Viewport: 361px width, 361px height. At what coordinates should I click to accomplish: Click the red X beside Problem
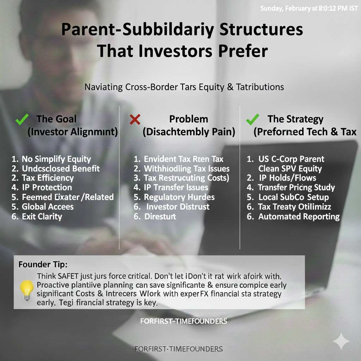tap(135, 120)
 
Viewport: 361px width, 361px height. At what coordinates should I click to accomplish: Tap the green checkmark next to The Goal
tap(22, 120)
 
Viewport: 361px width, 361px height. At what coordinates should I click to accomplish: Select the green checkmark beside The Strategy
tap(252, 120)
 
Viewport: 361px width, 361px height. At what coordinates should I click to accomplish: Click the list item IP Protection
tap(47, 188)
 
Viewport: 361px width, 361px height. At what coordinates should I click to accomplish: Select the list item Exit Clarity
tap(42, 216)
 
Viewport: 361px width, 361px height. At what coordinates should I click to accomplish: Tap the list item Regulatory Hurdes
tap(179, 197)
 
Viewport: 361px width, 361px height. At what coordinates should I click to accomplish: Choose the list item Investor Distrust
tap(178, 207)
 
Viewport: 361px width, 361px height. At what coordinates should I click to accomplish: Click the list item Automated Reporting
tap(299, 217)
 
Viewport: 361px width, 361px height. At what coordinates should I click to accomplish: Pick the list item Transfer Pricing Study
tap(296, 188)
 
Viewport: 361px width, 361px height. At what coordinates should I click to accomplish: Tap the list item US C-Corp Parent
tap(291, 159)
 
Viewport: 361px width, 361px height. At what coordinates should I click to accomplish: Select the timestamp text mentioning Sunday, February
tap(309, 8)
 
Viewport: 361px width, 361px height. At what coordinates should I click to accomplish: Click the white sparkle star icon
tap(341, 341)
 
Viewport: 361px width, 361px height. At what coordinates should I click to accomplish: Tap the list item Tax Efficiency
tap(48, 178)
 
